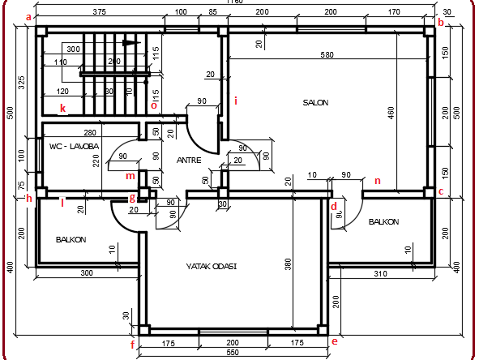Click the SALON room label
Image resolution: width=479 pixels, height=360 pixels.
click(x=315, y=102)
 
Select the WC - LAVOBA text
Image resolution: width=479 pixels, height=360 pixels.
click(x=73, y=146)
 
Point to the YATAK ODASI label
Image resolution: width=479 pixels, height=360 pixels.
click(x=211, y=265)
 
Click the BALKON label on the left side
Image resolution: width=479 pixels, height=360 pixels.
click(x=71, y=240)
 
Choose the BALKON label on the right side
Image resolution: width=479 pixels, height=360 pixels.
click(x=384, y=221)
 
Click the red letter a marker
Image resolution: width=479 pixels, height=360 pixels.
click(x=30, y=16)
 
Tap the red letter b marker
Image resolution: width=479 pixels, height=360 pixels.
click(x=441, y=23)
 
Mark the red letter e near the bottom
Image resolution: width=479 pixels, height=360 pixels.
click(x=334, y=341)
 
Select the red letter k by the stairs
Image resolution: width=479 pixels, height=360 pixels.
click(x=62, y=107)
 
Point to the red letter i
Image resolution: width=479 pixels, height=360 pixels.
click(x=236, y=101)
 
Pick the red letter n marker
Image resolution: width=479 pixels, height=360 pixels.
click(x=377, y=180)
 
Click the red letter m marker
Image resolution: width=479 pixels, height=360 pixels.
click(x=129, y=175)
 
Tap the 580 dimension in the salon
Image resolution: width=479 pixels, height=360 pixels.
click(x=327, y=55)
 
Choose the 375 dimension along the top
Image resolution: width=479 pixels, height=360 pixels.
click(x=100, y=12)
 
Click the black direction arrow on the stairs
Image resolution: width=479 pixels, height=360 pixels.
click(x=130, y=42)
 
